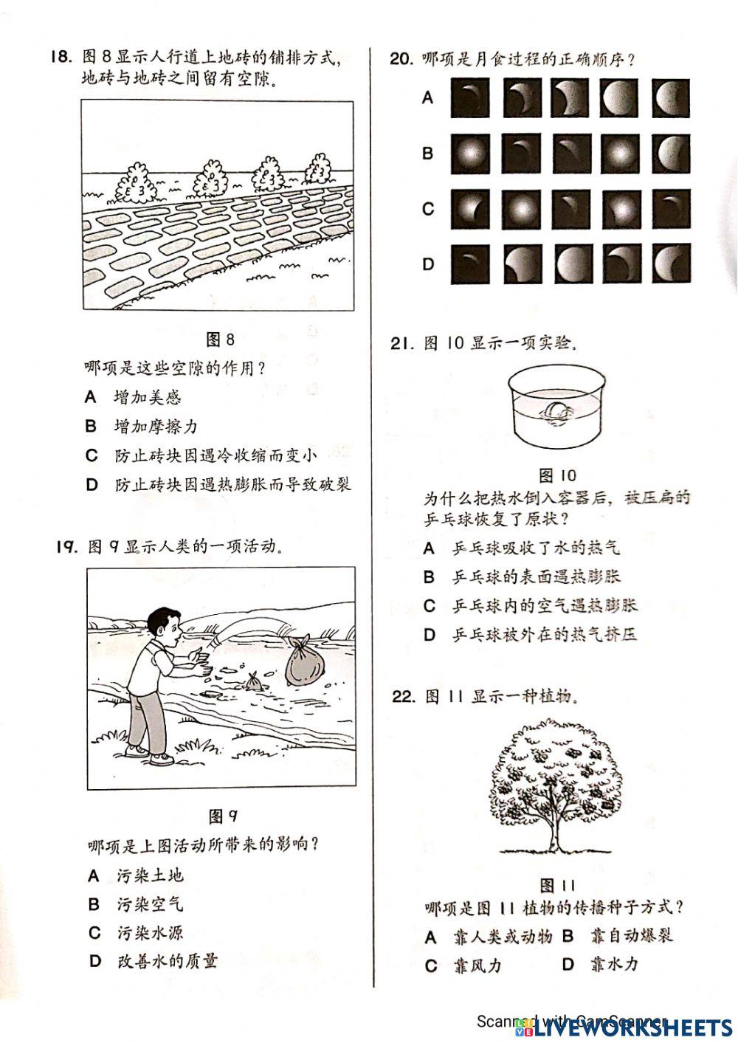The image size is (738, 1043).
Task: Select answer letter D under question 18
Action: coord(92,484)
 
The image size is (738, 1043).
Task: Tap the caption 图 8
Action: coord(221,339)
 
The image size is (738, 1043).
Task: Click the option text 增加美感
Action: coord(148,397)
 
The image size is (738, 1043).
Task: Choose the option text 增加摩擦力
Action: coord(156,426)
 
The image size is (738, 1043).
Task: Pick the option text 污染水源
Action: coord(150,932)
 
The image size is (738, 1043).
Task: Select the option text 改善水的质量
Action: coord(168,961)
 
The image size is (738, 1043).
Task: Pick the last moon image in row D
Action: coord(670,264)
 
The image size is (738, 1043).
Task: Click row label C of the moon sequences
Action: coord(428,209)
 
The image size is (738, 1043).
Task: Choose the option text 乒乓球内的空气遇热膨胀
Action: coord(545,606)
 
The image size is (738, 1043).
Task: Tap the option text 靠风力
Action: coord(477,965)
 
